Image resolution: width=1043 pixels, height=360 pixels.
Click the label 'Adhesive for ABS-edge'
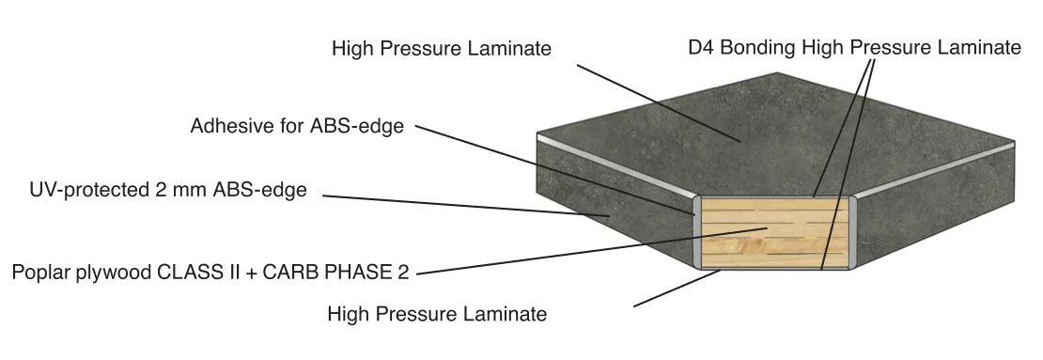pyautogui.click(x=297, y=126)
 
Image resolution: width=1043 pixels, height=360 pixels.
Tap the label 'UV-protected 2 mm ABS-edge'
pyautogui.click(x=167, y=190)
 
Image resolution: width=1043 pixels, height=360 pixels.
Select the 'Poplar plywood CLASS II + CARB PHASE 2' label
pyautogui.click(x=210, y=273)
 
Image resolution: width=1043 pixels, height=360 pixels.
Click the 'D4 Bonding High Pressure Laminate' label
pyautogui.click(x=854, y=48)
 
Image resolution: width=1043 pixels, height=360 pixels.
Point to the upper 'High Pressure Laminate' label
pyautogui.click(x=441, y=49)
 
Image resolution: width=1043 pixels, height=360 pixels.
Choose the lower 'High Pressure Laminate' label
pyautogui.click(x=437, y=313)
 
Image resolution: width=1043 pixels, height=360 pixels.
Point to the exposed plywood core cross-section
pyautogui.click(x=774, y=232)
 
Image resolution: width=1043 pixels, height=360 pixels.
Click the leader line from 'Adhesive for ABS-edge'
pyautogui.click(x=555, y=170)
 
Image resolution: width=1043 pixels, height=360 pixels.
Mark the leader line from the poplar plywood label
pyautogui.click(x=592, y=251)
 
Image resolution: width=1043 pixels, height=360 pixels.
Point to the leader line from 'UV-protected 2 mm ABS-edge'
pyautogui.click(x=466, y=206)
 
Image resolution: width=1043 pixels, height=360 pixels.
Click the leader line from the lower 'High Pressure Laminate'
pyautogui.click(x=677, y=289)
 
